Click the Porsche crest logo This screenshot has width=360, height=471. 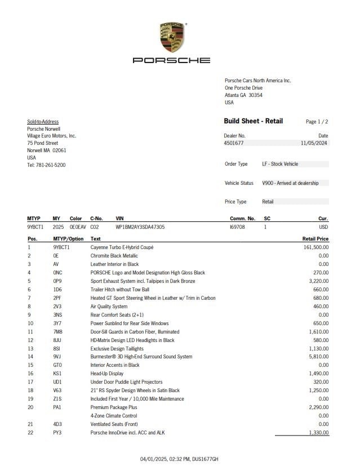point(172,38)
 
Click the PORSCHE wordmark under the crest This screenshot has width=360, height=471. point(171,60)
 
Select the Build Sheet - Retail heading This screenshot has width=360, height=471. point(254,121)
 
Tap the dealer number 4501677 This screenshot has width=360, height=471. point(234,143)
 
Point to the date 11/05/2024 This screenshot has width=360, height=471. point(314,143)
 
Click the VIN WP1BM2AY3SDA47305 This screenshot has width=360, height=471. point(140,227)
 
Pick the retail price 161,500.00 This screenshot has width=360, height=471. point(315,247)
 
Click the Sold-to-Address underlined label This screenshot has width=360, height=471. point(43,122)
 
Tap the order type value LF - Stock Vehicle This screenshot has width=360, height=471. point(280,164)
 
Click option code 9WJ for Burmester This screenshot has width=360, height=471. point(57,357)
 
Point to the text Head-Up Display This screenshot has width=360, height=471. point(107,374)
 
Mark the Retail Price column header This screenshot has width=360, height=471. point(315,239)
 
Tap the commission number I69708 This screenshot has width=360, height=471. point(237,227)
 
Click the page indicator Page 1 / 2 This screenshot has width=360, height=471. point(317,122)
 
